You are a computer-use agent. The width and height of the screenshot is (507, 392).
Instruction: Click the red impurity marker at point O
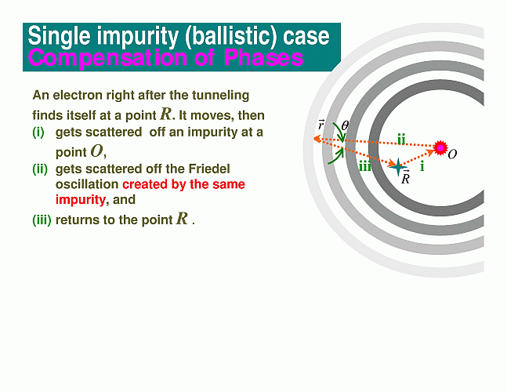(440, 148)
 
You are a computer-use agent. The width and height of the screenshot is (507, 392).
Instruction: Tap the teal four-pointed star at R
(398, 167)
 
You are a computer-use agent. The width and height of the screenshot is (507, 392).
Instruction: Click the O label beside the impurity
(453, 154)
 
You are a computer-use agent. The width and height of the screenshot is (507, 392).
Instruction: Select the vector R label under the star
(405, 177)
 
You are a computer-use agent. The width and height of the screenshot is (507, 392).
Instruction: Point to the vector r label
(320, 125)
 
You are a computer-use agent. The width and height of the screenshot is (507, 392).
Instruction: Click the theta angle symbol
(345, 125)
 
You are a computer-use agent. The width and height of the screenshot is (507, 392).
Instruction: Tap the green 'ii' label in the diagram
(401, 140)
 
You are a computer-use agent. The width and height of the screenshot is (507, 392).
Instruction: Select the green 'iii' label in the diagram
(365, 166)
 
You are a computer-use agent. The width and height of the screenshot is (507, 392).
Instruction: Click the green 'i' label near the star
(422, 166)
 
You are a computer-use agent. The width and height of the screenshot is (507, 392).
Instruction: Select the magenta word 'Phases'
(263, 57)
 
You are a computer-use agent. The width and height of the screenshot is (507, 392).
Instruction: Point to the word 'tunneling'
(220, 96)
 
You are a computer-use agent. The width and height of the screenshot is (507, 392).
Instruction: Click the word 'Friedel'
(209, 169)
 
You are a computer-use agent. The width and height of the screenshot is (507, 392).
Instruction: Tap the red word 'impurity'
(81, 200)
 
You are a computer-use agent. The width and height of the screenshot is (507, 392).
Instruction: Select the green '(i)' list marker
(38, 132)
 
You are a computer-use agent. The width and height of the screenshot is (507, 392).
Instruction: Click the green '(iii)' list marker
(42, 220)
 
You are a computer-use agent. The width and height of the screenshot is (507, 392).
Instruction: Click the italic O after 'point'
(96, 151)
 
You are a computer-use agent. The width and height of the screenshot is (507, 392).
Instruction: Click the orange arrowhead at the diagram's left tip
(317, 139)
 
